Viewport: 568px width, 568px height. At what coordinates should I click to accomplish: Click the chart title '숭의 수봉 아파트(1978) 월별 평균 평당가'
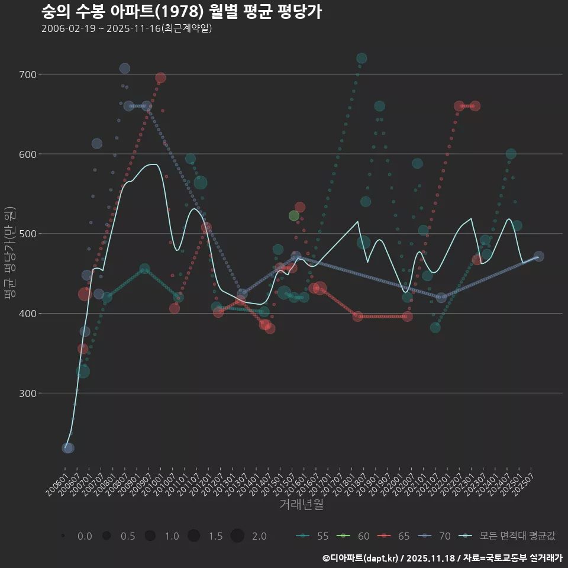click(x=182, y=12)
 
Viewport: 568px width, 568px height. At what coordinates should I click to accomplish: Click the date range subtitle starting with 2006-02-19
click(x=127, y=29)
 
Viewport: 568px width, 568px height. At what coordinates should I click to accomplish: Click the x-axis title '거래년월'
click(x=301, y=505)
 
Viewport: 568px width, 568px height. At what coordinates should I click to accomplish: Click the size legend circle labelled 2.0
click(x=237, y=536)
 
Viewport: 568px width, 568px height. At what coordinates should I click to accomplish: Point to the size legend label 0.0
click(x=85, y=536)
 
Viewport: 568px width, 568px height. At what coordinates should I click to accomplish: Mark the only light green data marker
click(x=294, y=215)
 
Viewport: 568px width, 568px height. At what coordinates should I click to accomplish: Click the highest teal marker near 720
click(x=362, y=58)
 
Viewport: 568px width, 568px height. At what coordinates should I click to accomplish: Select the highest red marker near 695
click(x=160, y=78)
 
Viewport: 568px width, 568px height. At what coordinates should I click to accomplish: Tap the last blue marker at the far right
click(x=538, y=256)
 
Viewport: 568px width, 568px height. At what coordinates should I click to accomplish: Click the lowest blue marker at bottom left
click(x=68, y=448)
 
